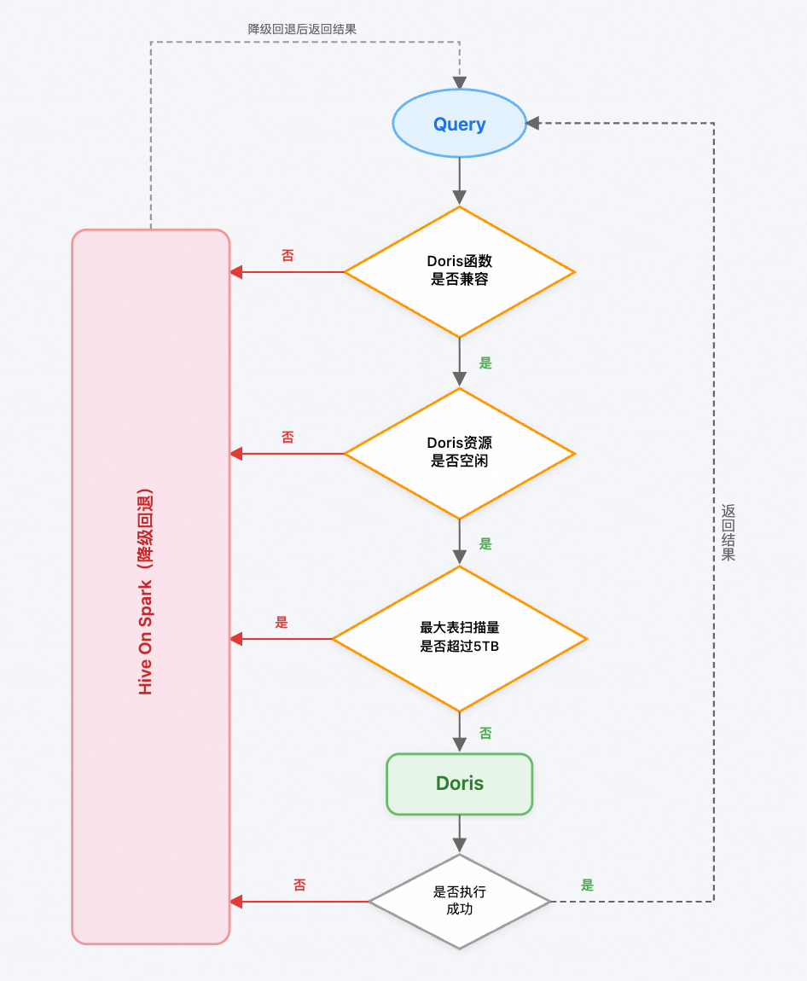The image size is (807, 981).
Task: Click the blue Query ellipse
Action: [459, 125]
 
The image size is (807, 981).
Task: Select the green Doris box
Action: [459, 783]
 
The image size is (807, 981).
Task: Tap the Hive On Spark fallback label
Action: [146, 594]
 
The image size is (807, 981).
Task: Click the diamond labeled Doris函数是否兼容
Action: [459, 271]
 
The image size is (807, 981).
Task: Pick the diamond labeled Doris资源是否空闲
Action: [459, 453]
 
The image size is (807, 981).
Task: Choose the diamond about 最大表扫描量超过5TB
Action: [459, 638]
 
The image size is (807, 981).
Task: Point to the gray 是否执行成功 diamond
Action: [459, 901]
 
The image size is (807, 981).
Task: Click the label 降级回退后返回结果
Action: [302, 29]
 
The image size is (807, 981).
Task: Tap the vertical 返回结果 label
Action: [728, 532]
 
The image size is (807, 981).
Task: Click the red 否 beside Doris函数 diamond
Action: [287, 255]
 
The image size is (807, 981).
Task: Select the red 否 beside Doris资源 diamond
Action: [287, 437]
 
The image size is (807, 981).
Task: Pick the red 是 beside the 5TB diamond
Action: [282, 623]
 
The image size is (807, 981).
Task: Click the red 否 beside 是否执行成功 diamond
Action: [299, 885]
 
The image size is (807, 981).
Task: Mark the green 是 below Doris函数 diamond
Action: [485, 363]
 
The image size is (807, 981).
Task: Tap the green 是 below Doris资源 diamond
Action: [485, 544]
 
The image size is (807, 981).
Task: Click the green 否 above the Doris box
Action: [485, 733]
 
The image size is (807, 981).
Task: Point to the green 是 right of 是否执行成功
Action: [587, 885]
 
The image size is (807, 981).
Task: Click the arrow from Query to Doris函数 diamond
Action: [459, 181]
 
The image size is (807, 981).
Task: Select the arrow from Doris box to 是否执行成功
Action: [459, 833]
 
